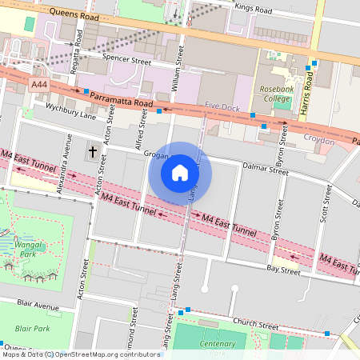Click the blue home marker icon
pos(180,172)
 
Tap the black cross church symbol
pos(93,151)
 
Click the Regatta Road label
pos(78,50)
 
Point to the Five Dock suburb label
pos(222,106)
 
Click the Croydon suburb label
pos(320,138)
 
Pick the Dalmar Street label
pos(266,170)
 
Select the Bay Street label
pos(283,272)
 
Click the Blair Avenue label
pos(38,306)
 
